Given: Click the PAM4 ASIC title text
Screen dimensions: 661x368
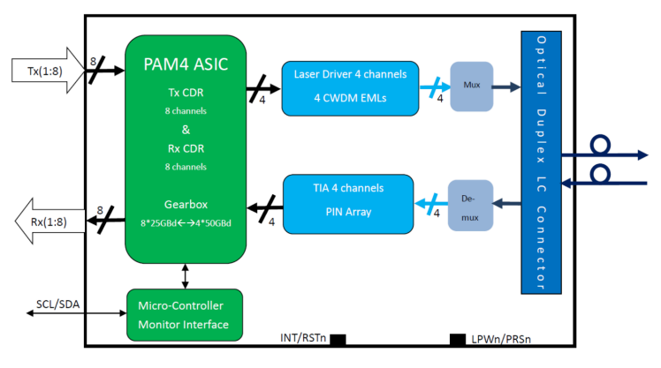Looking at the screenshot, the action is (186, 64).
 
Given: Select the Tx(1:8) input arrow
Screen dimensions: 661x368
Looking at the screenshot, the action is (48, 71).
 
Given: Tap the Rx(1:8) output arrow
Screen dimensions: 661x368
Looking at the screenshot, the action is (49, 221).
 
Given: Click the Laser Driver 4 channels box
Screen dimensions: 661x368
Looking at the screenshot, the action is (350, 88).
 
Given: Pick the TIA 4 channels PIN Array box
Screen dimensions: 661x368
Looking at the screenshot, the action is (348, 204).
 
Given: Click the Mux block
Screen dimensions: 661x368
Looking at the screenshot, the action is (472, 86).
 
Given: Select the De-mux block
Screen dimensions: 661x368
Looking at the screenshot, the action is (470, 206).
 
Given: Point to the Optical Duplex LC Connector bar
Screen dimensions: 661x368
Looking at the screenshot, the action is (542, 162).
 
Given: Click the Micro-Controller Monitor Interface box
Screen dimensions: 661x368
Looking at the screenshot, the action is (185, 315).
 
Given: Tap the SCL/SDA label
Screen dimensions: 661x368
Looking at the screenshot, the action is (57, 304).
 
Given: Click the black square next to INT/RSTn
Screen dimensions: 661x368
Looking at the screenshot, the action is (338, 340).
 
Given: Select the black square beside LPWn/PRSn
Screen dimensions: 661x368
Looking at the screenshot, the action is (458, 340).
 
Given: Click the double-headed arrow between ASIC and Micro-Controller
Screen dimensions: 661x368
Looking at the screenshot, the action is (185, 276).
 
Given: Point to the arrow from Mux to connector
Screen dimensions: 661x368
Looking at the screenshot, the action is (506, 87).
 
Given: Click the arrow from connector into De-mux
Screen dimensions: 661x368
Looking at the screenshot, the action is (506, 204).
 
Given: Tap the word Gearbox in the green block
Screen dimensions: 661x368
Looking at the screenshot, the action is (186, 205).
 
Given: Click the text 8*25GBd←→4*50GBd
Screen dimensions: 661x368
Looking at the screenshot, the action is (186, 223).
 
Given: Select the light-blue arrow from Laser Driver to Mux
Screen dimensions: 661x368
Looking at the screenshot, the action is (435, 87).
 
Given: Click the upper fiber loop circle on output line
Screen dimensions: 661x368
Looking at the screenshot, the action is (600, 145).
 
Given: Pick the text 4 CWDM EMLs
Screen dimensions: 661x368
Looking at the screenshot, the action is (350, 98).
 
